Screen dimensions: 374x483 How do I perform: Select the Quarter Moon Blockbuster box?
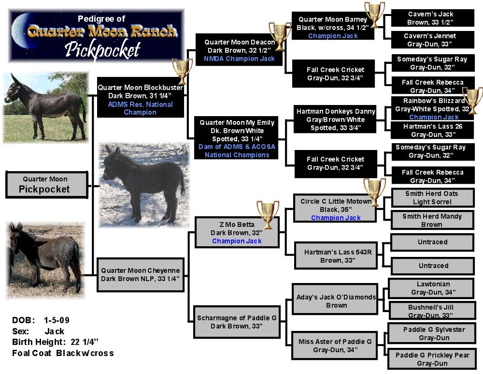coord(140,97)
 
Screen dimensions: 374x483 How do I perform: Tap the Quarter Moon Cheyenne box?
coord(140,274)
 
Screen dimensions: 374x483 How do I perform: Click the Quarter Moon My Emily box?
coord(237,138)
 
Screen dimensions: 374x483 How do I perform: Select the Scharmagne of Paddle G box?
coord(237,322)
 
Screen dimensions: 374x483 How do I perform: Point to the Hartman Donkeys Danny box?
coord(336,120)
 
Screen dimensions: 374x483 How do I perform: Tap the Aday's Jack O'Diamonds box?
coord(336,301)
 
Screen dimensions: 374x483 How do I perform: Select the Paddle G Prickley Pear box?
coord(432,359)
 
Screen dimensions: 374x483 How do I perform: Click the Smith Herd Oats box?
coord(432,197)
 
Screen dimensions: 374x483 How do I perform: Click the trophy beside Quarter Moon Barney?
coord(374,15)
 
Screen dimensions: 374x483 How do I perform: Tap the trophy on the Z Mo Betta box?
coord(268,214)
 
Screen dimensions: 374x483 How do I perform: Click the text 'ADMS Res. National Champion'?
coord(140,108)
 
